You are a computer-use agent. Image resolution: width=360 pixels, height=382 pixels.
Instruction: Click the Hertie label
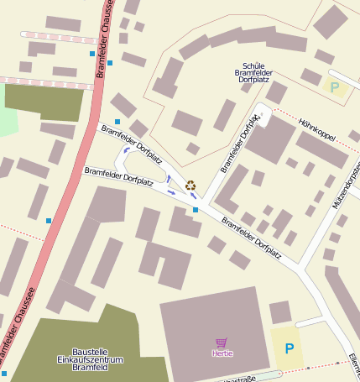pyautogui.click(x=222, y=353)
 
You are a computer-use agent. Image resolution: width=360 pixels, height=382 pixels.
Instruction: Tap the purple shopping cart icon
pyautogui.click(x=222, y=343)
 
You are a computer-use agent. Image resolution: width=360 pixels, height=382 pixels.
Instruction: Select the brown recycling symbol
pyautogui.click(x=190, y=185)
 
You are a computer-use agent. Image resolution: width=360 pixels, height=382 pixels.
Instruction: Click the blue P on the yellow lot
pyautogui.click(x=290, y=348)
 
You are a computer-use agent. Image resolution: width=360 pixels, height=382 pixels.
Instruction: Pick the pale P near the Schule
pyautogui.click(x=335, y=86)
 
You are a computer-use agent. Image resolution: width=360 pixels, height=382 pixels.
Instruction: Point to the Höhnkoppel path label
pyautogui.click(x=316, y=130)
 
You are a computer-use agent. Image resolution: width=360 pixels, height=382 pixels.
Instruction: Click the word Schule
pyautogui.click(x=253, y=65)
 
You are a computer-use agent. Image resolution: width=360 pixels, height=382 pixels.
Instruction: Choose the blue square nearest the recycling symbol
pyautogui.click(x=196, y=209)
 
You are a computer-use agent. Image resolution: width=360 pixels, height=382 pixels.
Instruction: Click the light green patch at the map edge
pyautogui.click(x=7, y=123)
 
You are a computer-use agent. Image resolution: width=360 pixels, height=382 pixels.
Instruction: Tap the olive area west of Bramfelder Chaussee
pyautogui.click(x=44, y=102)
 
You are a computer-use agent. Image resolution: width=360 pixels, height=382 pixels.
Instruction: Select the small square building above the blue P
pyautogui.click(x=280, y=312)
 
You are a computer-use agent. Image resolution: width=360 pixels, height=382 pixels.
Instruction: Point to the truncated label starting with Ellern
pyautogui.click(x=354, y=362)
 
